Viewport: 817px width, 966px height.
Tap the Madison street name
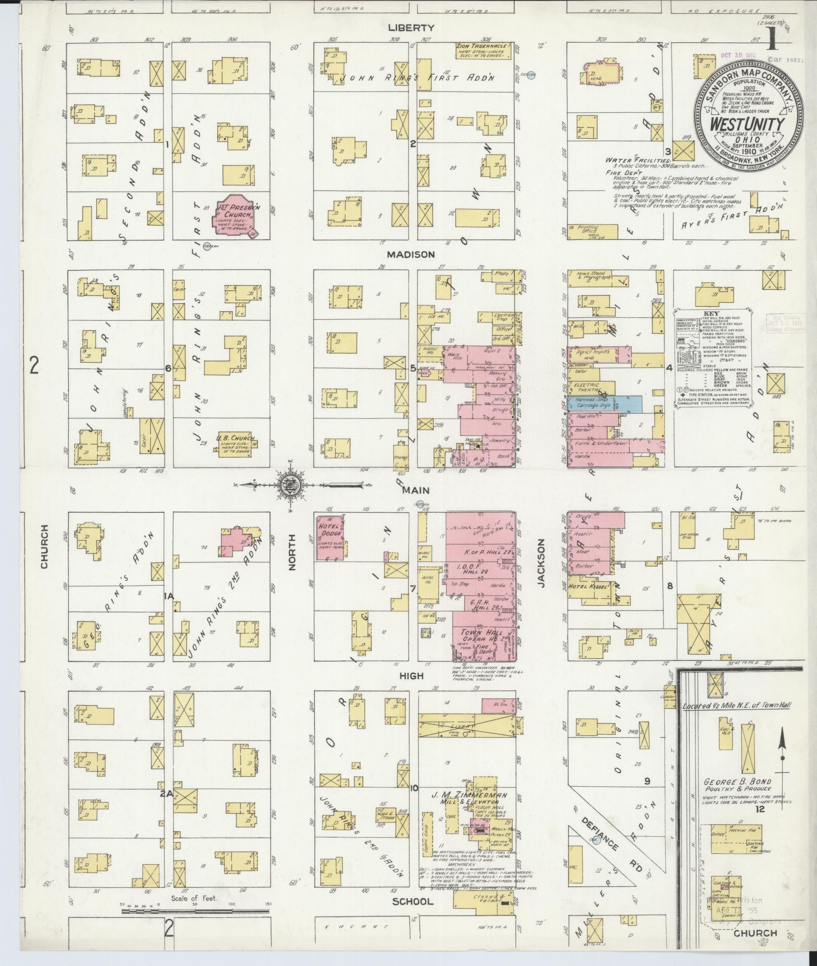tap(418, 255)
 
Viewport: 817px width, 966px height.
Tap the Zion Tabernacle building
tap(483, 50)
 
